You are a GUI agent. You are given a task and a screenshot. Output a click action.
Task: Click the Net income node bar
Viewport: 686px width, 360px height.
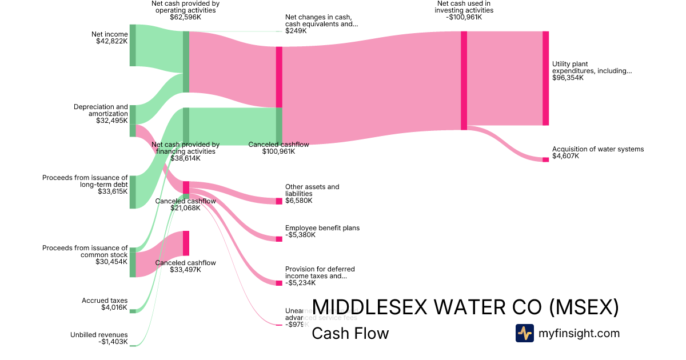133,45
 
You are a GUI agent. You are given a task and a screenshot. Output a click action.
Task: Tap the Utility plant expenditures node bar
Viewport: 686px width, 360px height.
545,78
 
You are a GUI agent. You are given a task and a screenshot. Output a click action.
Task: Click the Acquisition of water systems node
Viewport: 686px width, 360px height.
545,159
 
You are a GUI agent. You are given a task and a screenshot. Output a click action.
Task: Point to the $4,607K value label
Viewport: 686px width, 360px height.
565,156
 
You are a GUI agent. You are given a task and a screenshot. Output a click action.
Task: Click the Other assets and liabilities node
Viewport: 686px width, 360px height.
279,201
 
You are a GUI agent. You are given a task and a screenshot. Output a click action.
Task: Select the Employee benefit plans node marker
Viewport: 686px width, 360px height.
279,239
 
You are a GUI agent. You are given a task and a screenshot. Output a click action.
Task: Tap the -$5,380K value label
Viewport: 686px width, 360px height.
300,235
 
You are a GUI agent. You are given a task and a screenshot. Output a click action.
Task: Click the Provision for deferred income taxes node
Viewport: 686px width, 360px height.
279,283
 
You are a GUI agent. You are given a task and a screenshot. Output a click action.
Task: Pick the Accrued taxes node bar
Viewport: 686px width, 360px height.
133,311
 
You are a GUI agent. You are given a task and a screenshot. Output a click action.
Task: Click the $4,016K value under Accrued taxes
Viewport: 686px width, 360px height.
114,307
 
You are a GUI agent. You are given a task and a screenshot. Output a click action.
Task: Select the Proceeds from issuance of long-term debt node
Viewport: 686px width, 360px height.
133,192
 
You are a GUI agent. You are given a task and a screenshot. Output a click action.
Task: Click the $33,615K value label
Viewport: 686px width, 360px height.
113,191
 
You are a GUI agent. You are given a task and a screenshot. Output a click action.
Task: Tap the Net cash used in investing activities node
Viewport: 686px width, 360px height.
464,81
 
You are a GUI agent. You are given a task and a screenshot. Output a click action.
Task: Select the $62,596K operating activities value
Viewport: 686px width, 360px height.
185,17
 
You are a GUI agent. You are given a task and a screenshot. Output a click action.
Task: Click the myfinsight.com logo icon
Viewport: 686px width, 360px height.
525,333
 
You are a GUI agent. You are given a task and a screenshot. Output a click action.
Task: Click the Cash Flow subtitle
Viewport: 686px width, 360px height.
350,333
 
